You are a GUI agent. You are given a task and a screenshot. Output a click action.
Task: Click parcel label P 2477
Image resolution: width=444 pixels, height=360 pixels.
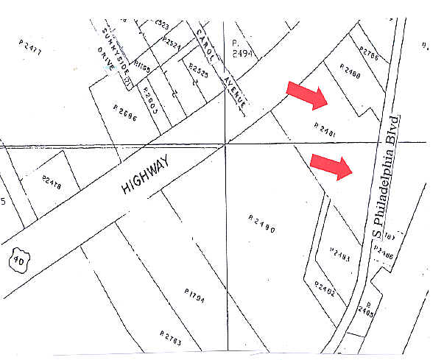click(31, 46)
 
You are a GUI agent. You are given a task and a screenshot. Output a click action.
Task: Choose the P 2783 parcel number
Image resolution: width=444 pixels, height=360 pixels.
click(170, 339)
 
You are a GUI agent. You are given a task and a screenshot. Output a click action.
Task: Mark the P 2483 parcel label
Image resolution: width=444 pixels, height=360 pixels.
click(340, 254)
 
